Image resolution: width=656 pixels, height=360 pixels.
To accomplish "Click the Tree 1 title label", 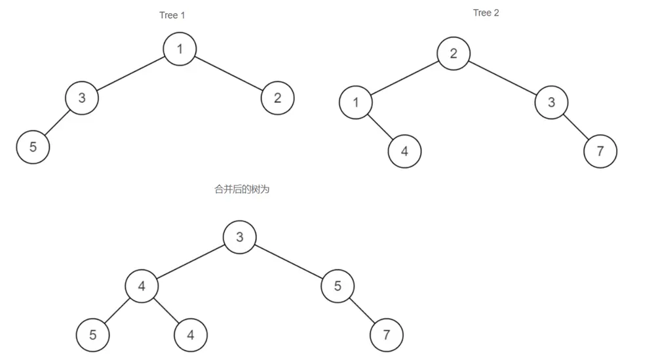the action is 172,15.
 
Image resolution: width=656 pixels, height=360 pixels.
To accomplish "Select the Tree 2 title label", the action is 486,13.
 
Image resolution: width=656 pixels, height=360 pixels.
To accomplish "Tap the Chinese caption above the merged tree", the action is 242,190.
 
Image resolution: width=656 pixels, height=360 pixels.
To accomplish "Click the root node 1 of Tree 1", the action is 180,49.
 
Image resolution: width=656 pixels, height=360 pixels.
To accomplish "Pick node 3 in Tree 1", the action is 82,98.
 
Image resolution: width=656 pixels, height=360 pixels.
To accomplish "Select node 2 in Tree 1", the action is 277,98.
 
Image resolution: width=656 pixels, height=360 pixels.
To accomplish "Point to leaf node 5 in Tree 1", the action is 33,147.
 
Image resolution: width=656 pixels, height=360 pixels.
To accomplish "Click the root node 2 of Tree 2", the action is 453,53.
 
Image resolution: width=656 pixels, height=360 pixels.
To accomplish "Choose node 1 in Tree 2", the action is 356,102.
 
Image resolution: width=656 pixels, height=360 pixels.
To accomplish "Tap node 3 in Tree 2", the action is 551,102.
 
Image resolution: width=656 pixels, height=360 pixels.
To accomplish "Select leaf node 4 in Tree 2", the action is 404,151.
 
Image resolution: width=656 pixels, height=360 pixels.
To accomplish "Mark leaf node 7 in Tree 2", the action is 600,151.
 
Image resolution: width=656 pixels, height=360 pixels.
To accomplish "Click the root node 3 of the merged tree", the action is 240,237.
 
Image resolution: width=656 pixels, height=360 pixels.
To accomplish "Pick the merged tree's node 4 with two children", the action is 142,286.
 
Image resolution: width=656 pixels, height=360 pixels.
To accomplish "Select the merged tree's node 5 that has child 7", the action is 338,286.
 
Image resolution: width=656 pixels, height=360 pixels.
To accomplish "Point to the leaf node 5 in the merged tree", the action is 93,335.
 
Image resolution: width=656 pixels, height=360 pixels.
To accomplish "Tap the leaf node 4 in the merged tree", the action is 191,335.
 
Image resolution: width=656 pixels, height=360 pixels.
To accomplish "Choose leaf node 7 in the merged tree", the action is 387,335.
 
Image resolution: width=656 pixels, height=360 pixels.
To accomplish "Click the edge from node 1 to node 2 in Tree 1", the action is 229,73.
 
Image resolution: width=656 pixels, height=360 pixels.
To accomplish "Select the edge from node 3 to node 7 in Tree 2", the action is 575,127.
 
